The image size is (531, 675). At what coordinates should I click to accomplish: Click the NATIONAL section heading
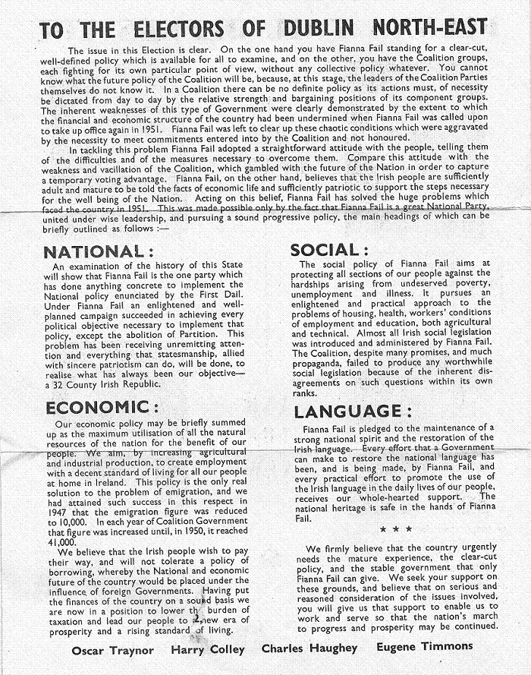click(93, 251)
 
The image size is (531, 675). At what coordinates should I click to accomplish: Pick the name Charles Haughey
click(309, 649)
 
